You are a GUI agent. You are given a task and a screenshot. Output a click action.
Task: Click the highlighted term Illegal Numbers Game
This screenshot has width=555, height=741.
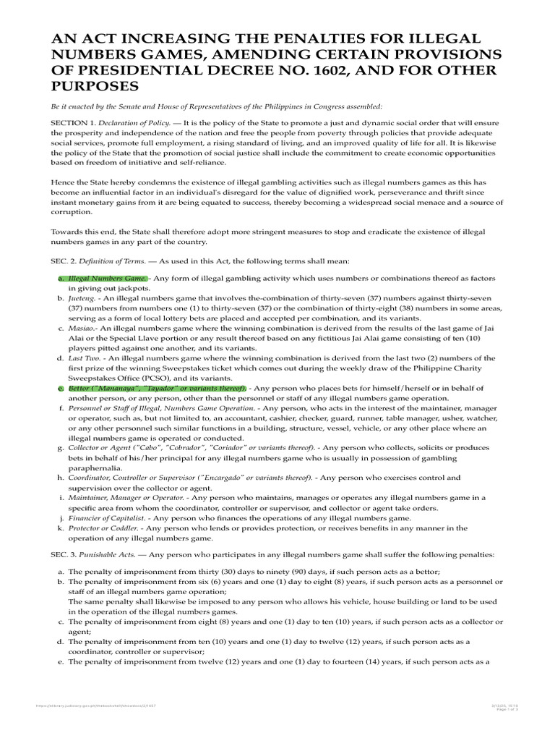108,279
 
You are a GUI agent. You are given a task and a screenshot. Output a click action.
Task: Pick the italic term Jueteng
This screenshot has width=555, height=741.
82,297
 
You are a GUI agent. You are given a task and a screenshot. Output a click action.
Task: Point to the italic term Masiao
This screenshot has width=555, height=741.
82,328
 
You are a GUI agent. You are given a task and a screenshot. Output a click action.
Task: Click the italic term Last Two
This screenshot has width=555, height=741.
85,358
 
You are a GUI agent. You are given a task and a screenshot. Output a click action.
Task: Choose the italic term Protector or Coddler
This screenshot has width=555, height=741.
104,528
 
